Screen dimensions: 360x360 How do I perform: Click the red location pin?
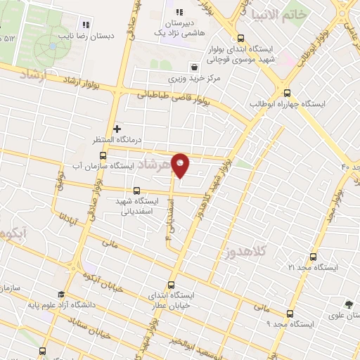(x=181, y=165)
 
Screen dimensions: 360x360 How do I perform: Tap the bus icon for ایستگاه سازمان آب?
(x=103, y=155)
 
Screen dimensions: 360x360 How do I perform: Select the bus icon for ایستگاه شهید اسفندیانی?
(x=136, y=191)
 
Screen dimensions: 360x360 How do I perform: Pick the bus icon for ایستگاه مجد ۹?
(x=289, y=314)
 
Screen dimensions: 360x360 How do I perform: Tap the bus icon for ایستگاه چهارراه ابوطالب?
(x=287, y=93)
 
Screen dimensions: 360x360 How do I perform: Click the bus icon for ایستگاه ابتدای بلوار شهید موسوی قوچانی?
(x=241, y=39)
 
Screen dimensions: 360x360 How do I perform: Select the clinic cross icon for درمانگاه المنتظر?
(x=117, y=129)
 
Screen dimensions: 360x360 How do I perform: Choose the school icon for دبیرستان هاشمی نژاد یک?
(x=179, y=12)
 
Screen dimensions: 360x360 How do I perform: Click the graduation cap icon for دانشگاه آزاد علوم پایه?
(x=61, y=295)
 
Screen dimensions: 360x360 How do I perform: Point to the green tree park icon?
(x=348, y=304)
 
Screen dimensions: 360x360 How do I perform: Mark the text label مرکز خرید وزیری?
(x=194, y=78)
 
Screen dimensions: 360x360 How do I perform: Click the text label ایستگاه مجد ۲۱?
(x=314, y=269)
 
